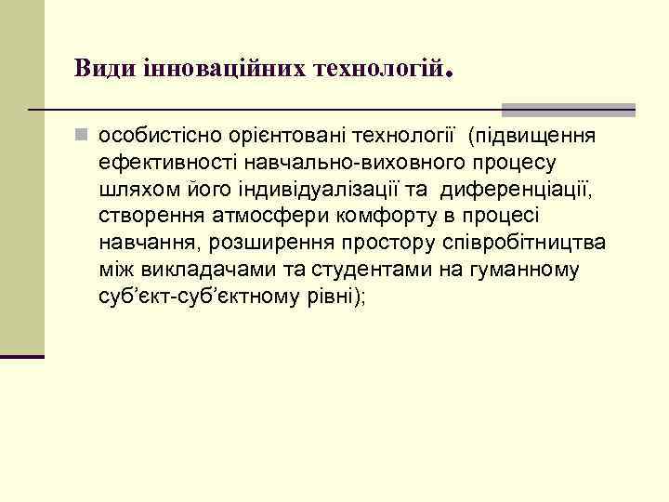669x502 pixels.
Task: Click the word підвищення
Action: (x=538, y=138)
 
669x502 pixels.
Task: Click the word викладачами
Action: (x=202, y=271)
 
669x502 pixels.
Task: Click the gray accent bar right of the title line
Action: (x=568, y=110)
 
